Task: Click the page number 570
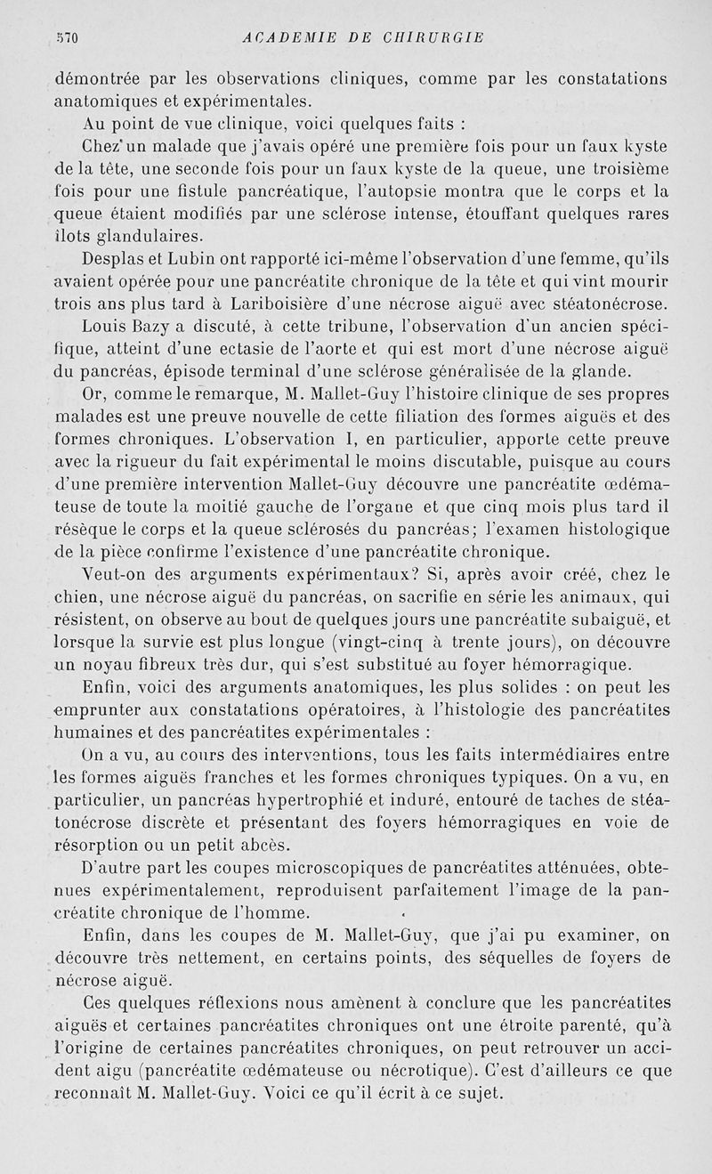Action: pos(67,37)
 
